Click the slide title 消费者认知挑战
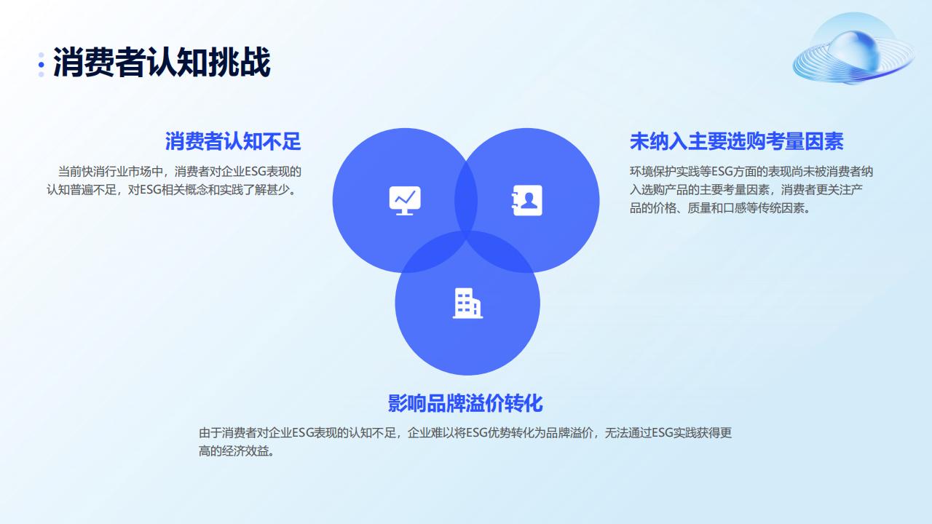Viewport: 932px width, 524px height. pyautogui.click(x=162, y=63)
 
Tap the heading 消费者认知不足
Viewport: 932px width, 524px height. pyautogui.click(x=233, y=141)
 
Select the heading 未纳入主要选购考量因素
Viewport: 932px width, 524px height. pyautogui.click(x=736, y=141)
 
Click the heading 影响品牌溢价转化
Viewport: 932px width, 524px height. pyautogui.click(x=465, y=403)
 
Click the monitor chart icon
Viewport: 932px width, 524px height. pyautogui.click(x=405, y=200)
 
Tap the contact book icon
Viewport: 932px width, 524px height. pyautogui.click(x=526, y=200)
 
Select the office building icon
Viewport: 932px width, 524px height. pyautogui.click(x=467, y=303)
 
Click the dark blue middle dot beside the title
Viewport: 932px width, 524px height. pyautogui.click(x=42, y=65)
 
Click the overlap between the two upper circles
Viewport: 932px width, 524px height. pyautogui.click(x=466, y=199)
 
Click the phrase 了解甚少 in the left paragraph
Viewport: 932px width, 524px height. pyautogui.click(x=272, y=190)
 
